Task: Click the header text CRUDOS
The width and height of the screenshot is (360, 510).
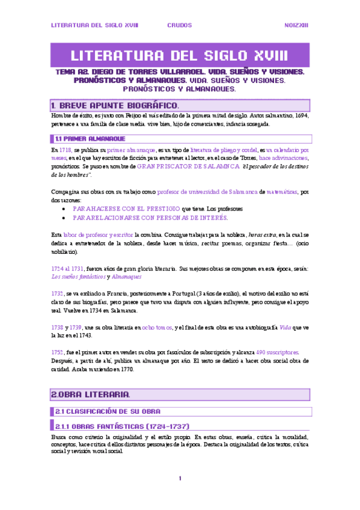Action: pos(180,25)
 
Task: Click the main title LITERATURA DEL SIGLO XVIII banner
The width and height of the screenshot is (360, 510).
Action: pos(180,57)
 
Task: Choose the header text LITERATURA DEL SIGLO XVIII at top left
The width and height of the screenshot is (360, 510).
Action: pos(94,25)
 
